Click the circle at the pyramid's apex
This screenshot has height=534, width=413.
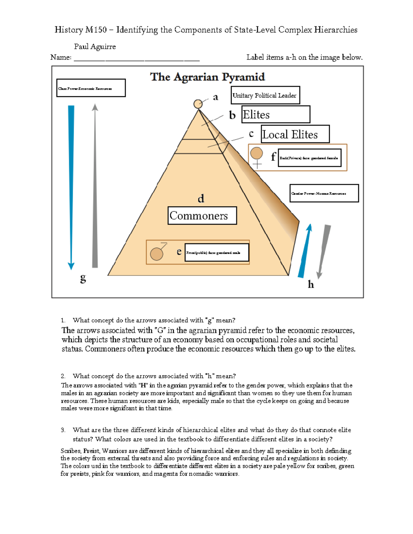(198, 104)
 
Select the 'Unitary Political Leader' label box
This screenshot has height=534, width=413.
(265, 95)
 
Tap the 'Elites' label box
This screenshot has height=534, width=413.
(275, 115)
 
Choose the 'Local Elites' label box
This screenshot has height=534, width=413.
(295, 134)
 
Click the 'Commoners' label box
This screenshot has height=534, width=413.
(202, 216)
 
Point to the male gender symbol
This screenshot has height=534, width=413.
(158, 253)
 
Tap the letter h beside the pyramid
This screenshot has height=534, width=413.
(311, 284)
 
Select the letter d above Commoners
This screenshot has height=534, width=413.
(201, 198)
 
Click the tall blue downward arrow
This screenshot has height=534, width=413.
(71, 186)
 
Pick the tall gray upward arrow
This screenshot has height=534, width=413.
(95, 186)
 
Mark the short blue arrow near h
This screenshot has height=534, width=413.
(305, 251)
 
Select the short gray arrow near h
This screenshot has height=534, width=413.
(324, 251)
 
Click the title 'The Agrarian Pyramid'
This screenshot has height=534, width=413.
(208, 77)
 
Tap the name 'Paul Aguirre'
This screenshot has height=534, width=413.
(95, 46)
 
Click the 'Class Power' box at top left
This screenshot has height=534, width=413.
(91, 88)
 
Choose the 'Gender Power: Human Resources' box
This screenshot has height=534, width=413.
(324, 193)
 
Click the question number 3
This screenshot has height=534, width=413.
(63, 430)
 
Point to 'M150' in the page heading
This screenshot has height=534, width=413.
(96, 30)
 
